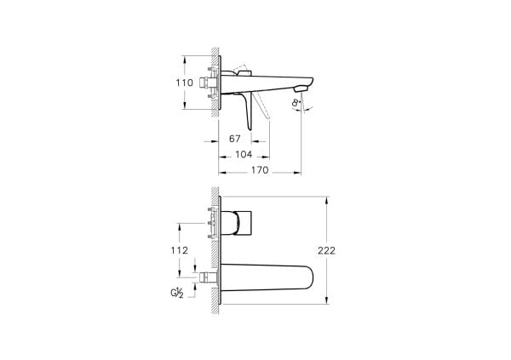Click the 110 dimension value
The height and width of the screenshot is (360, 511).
pos(172,83)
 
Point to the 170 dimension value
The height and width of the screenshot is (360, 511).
pos(260,171)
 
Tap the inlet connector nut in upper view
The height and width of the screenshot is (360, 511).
pos(204,83)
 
